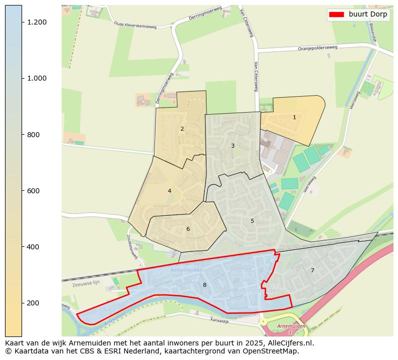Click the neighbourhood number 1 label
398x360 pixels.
click(294, 117)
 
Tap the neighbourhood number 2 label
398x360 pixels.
click(182, 129)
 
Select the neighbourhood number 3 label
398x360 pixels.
click(233, 146)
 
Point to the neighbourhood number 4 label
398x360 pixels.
click(169, 191)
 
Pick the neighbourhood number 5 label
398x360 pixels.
click(252, 221)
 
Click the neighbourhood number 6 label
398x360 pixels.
click(188, 229)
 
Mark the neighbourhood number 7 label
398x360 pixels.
click(312, 270)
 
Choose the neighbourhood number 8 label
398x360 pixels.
click(205, 285)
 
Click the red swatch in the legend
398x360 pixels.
click(336, 15)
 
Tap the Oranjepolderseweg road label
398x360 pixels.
click(318, 48)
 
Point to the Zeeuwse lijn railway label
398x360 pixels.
click(86, 283)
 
